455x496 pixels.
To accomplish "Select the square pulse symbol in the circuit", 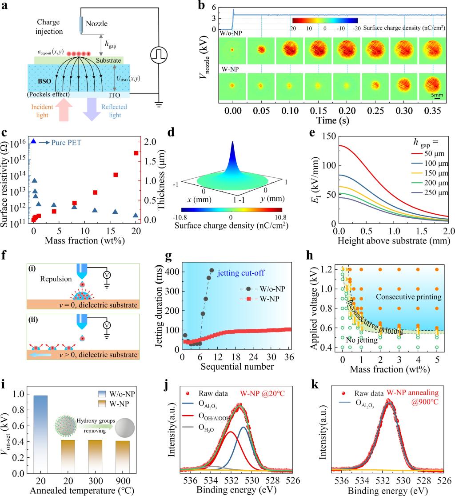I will pyautogui.click(x=158, y=55).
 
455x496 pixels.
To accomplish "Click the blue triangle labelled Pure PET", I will pyautogui.click(x=33, y=141).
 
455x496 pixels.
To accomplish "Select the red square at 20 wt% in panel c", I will pyautogui.click(x=136, y=153).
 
